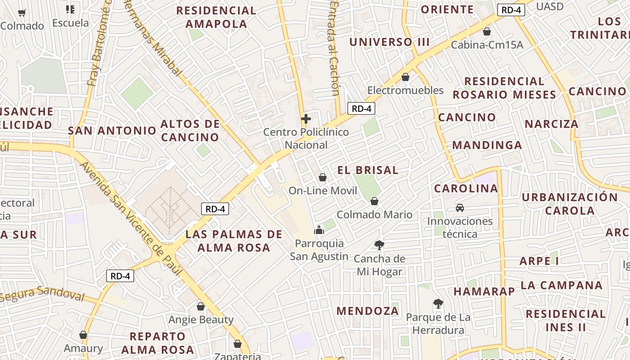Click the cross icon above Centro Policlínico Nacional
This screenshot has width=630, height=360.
coord(306,119)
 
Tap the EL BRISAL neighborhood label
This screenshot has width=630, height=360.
coord(368,170)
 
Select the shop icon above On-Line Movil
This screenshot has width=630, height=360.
coord(322,177)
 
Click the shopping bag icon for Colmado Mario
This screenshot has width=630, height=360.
coord(374,201)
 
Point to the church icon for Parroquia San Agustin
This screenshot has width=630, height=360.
coord(319,230)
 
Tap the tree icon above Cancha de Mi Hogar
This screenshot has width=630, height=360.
coord(379,245)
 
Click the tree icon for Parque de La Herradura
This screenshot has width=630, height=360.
coord(438,304)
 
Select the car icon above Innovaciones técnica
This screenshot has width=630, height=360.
coord(460,207)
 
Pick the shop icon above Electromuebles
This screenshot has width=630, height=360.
coord(405,77)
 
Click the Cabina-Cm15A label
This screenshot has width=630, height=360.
coord(487,45)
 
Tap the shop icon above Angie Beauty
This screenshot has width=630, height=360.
coord(201,306)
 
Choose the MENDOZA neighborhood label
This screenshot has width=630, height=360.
coord(368,310)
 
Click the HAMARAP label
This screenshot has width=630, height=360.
coord(484,291)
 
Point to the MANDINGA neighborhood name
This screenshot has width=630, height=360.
coord(487,145)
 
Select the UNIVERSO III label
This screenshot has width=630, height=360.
coord(390,42)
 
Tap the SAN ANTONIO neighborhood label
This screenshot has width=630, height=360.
coord(112,130)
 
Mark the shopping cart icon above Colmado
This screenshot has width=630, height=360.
coord(22,13)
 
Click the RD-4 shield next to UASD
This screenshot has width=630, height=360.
coord(511,10)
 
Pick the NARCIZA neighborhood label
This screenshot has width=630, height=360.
coord(551,124)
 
